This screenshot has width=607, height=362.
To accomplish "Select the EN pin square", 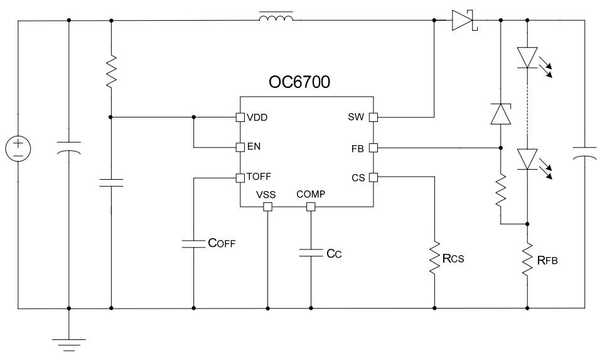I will (x=239, y=148).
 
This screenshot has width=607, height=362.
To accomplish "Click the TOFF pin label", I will (x=258, y=178).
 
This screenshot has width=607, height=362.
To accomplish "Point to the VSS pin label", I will (x=267, y=194).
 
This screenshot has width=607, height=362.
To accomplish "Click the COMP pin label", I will (x=311, y=194).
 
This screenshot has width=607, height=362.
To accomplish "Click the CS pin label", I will (x=358, y=178).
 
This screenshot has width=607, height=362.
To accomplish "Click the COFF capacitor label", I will (x=222, y=243).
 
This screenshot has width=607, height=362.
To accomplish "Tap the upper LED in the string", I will (x=528, y=58).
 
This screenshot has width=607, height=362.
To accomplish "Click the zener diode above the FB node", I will (x=500, y=114).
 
